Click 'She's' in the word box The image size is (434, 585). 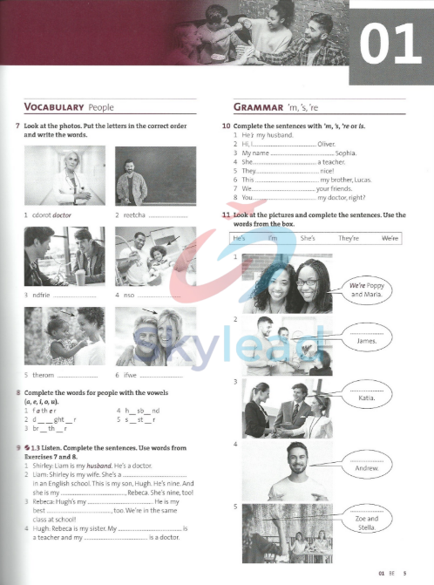click(x=309, y=238)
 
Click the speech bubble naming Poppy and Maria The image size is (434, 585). click(x=369, y=289)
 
